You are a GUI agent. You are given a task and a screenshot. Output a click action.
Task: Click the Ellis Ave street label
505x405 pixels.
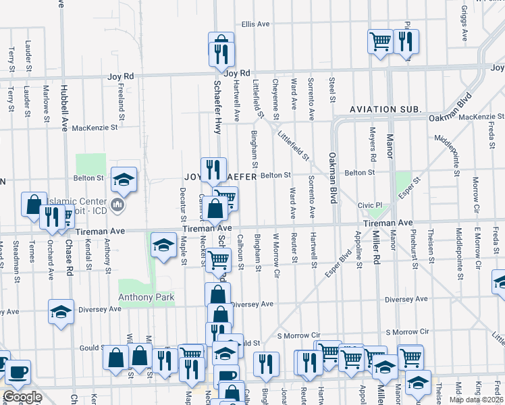(255, 24)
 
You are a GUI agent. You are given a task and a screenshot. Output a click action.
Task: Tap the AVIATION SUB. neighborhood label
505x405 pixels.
(386, 109)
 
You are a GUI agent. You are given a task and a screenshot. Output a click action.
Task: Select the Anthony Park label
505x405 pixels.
(147, 297)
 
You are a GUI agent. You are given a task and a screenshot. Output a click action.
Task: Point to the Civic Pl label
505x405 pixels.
(370, 205)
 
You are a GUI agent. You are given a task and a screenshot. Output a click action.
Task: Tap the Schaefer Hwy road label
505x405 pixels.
(217, 107)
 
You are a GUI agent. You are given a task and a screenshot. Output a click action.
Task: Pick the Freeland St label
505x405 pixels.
(122, 96)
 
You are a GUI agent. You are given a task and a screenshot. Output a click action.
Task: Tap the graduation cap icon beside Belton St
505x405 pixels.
(124, 179)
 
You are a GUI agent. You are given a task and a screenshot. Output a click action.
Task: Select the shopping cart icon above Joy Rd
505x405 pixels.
(380, 41)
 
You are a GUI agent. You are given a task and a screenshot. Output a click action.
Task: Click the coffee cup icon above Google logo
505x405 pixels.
(19, 371)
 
